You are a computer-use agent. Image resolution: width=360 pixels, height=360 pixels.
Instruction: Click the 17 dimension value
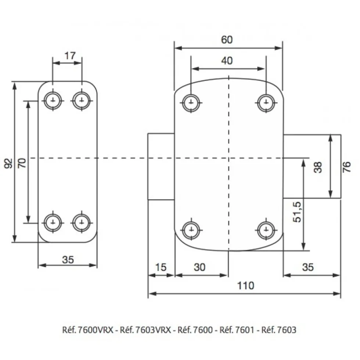(70, 55)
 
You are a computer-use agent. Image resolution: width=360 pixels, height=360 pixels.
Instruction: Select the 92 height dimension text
(8, 163)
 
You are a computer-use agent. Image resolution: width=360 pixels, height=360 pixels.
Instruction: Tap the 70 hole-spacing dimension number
(22, 163)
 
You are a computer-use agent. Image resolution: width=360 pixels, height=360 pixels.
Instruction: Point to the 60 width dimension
(227, 40)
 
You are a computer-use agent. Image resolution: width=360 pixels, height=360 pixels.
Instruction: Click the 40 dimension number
(227, 61)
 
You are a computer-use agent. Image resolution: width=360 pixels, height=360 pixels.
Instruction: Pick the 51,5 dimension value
(297, 212)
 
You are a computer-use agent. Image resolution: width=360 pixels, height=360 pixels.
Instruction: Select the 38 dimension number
(318, 167)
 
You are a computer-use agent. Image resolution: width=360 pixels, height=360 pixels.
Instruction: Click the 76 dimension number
(347, 167)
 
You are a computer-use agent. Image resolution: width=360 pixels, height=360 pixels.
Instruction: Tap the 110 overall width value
(245, 286)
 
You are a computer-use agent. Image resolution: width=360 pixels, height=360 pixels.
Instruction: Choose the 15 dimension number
(161, 267)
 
